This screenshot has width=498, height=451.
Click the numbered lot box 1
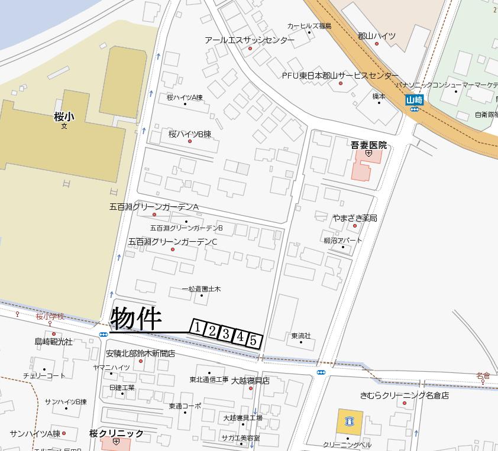[198, 327]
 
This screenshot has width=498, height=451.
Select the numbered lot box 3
[226, 333]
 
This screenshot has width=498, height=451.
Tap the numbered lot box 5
[254, 340]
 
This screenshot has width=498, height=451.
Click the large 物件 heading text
[136, 319]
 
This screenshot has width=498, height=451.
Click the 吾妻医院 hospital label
[368, 145]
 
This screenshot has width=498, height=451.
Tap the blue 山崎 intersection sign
[414, 100]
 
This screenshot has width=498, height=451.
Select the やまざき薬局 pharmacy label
[354, 218]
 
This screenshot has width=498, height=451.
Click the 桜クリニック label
[117, 433]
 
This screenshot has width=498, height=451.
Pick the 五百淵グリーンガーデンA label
[154, 207]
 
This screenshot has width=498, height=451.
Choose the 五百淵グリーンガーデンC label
[173, 242]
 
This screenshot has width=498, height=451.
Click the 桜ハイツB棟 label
[189, 134]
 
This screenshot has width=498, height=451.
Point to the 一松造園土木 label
[201, 289]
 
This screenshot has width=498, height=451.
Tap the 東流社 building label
[300, 336]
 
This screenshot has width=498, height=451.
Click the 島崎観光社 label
[53, 342]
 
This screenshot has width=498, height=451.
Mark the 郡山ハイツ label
[377, 36]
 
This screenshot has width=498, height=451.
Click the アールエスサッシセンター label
[250, 40]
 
